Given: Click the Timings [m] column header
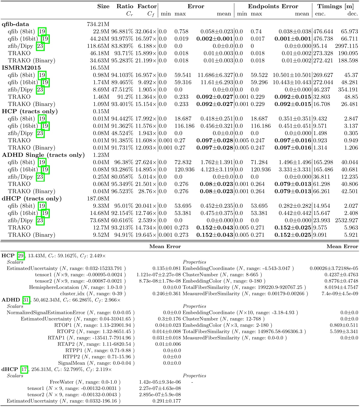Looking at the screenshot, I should [x=336, y=6].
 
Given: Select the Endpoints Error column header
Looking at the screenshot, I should [x=273, y=6].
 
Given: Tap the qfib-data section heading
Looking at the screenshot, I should [x=15, y=24].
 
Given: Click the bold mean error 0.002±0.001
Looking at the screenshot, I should [x=215, y=39].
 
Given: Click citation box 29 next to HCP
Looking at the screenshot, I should [x=21, y=255].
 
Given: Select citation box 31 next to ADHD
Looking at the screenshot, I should [x=26, y=300].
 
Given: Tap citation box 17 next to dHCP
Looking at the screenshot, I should [x=24, y=369].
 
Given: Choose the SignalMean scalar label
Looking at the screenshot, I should [x=72, y=363].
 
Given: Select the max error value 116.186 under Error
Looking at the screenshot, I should [x=184, y=126].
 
